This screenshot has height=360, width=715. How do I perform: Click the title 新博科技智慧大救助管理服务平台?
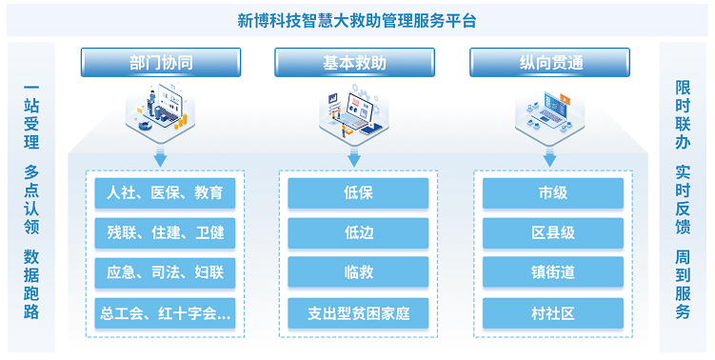pos(357,20)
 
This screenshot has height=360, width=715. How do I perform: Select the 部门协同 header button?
pos(160,63)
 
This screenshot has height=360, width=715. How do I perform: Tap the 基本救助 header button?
pos(354,63)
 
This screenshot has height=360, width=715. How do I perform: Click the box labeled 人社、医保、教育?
pos(165,193)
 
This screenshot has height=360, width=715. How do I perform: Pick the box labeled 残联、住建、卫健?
pos(165,232)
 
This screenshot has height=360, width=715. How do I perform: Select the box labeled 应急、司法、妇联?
pos(165,272)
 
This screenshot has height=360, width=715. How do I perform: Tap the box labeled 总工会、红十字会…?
pos(165,312)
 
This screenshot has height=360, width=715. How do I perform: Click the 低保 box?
pos(358,193)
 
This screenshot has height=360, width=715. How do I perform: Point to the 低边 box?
pos(358,232)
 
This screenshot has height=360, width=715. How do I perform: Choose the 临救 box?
pos(358,272)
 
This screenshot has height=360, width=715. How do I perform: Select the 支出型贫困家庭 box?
pos(358,312)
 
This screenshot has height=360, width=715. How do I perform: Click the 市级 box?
pos(552,193)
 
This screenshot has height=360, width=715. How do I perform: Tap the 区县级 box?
pos(552,232)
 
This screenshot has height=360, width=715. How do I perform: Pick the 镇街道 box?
pos(552,272)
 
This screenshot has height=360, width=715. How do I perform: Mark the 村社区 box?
pos(552,312)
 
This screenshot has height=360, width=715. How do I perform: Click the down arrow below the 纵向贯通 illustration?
pos(549,158)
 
